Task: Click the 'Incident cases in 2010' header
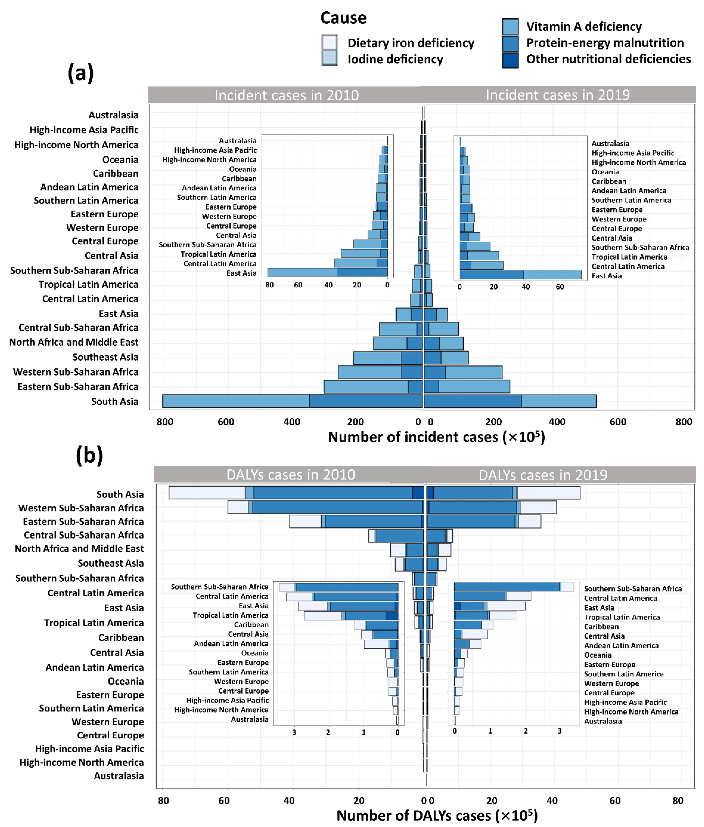pos(286,95)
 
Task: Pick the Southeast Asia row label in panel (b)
pos(110,563)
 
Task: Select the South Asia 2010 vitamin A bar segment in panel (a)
pos(235,401)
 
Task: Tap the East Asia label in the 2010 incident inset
pos(241,273)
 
